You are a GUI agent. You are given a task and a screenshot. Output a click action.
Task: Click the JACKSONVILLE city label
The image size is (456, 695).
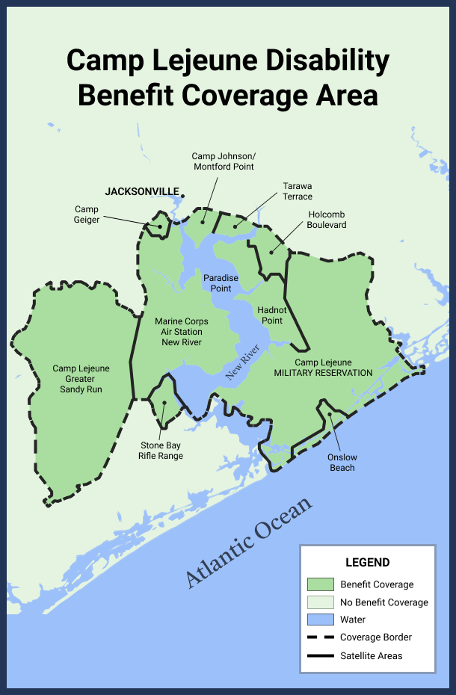point(142,191)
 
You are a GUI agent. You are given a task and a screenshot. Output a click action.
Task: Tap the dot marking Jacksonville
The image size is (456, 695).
point(183,197)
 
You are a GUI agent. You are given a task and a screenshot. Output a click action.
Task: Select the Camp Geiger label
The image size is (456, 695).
point(87,214)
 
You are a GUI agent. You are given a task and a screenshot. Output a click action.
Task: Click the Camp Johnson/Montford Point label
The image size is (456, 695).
point(223,161)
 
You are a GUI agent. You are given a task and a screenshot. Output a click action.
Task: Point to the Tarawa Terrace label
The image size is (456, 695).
point(297,191)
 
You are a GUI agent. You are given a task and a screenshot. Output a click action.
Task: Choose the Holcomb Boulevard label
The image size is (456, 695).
point(327,220)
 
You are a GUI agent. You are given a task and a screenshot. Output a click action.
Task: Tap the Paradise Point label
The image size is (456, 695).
point(221,283)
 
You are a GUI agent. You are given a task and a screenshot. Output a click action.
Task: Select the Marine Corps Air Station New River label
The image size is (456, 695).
point(181,332)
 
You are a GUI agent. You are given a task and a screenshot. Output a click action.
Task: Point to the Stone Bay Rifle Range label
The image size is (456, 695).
point(161,451)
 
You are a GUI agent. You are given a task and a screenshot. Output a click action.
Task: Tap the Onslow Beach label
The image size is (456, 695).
point(342,463)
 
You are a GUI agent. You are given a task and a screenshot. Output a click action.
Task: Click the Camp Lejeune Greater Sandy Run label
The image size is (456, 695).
point(81,379)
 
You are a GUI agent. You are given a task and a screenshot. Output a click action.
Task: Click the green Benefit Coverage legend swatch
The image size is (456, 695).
point(320,584)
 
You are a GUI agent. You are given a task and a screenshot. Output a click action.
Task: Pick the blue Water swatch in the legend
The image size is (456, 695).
point(320,620)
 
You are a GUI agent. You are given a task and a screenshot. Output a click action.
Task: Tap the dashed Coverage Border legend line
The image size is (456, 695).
point(320,637)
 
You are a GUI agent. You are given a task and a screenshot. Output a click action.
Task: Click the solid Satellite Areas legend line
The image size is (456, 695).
point(320,655)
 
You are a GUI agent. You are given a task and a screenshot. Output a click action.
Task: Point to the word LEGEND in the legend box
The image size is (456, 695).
point(367,562)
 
